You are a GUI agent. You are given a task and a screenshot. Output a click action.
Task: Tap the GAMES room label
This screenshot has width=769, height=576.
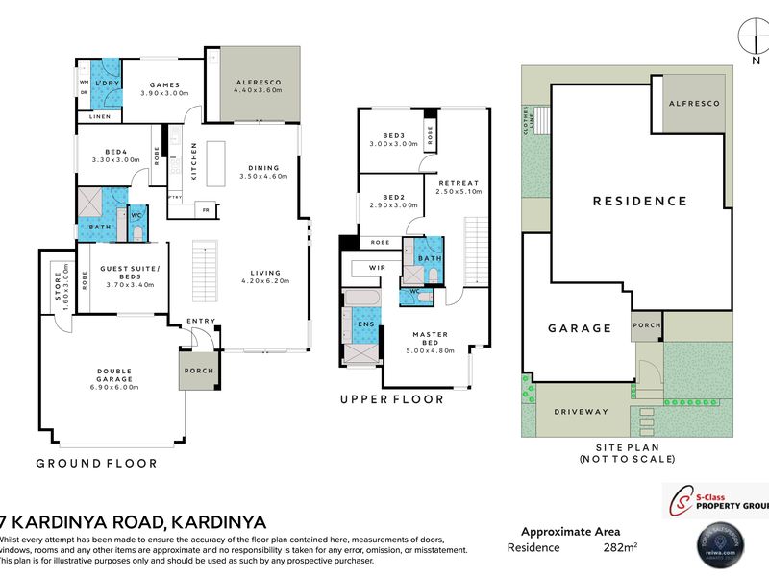(x=160, y=84)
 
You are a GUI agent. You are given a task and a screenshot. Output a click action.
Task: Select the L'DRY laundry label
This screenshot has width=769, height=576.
(x=105, y=84)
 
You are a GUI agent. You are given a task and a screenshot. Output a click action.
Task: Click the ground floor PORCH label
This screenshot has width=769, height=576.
(x=200, y=371)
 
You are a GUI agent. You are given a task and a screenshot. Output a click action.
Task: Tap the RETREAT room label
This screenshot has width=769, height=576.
(x=459, y=182)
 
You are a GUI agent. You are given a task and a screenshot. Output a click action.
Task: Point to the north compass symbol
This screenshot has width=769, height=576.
(x=749, y=38)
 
